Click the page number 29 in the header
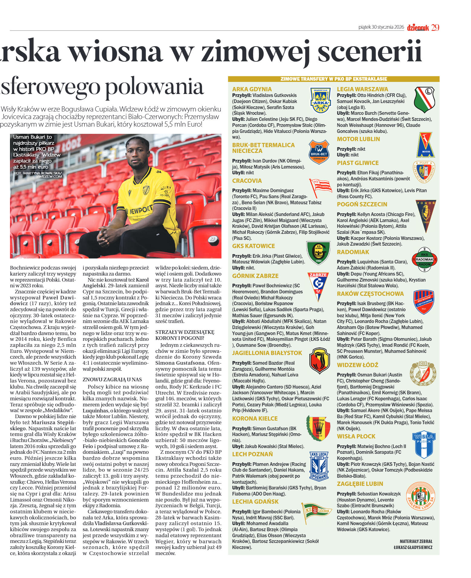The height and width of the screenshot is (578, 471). pyautogui.click(x=435, y=27)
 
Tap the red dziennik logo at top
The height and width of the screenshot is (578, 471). pyautogui.click(x=418, y=28)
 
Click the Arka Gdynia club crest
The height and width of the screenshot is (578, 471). pyautogui.click(x=320, y=100)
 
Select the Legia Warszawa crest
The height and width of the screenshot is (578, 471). pyautogui.click(x=424, y=100)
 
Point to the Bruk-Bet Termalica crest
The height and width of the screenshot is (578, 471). pyautogui.click(x=319, y=152)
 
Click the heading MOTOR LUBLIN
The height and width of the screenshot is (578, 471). pyautogui.click(x=358, y=139)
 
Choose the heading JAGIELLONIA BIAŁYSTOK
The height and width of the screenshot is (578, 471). pyautogui.click(x=267, y=353)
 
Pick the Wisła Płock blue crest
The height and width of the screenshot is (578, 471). pyautogui.click(x=424, y=444)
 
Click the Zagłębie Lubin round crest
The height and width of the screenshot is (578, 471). pyautogui.click(x=420, y=496)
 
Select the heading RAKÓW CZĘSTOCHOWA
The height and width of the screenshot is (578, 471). pyautogui.click(x=370, y=294)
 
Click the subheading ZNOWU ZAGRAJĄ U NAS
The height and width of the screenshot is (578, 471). pyautogui.click(x=112, y=379)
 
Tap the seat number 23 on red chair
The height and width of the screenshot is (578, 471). pyautogui.click(x=213, y=239)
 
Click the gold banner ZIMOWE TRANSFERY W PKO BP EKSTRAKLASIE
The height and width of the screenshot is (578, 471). pyautogui.click(x=333, y=79)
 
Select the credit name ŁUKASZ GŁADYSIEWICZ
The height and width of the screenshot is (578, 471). pyautogui.click(x=413, y=547)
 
